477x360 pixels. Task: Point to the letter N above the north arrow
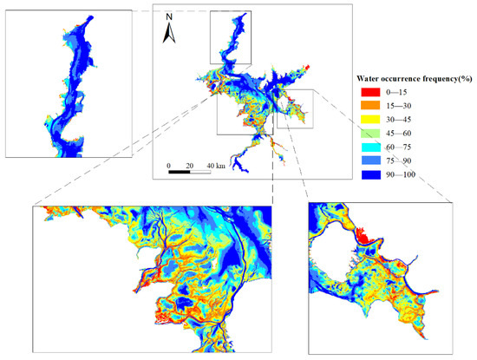171,16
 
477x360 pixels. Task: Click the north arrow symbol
171,33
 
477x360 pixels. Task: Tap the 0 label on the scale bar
169,165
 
